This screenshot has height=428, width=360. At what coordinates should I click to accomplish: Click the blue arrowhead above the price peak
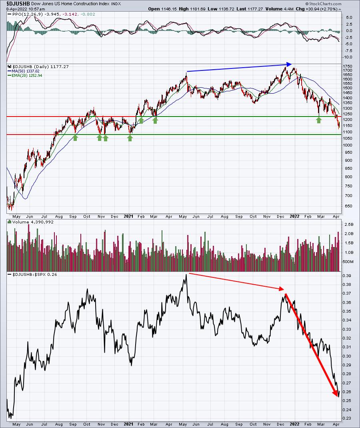tap(290, 64)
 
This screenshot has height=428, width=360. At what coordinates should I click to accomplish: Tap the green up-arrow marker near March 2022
tap(319, 120)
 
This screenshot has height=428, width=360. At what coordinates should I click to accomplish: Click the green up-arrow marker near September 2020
tap(75, 138)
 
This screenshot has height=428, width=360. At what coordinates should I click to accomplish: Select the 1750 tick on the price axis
tap(347, 66)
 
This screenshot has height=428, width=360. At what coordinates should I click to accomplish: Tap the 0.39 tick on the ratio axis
tap(347, 276)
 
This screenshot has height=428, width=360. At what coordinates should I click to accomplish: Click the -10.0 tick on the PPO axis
tap(347, 57)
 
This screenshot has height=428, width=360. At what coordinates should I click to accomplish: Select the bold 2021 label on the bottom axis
tap(128, 423)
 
